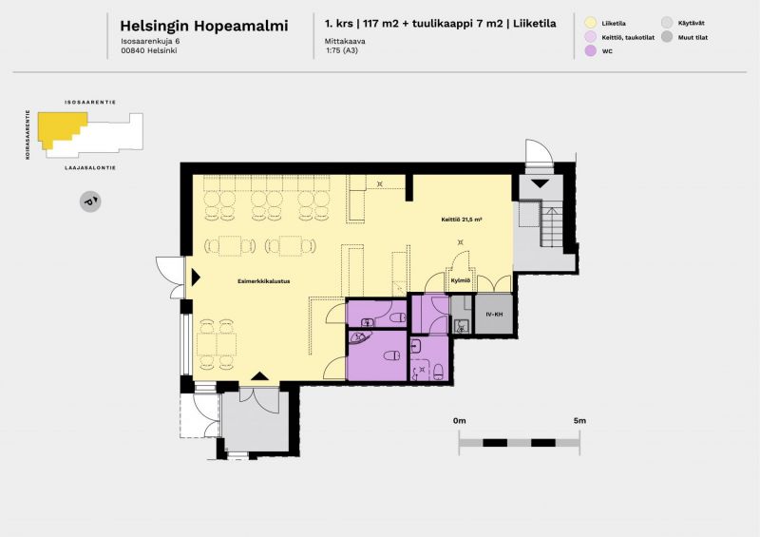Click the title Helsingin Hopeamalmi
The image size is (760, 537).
pyautogui.click(x=204, y=26)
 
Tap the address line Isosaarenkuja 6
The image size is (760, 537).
pyautogui.click(x=150, y=41)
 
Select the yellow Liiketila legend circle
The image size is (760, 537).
pyautogui.click(x=590, y=23)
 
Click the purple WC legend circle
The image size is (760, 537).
pyautogui.click(x=590, y=50)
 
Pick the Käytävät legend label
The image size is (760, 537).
pyautogui.click(x=692, y=23)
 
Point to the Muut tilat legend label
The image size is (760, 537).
pyautogui.click(x=693, y=37)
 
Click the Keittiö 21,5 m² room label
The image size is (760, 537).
pyautogui.click(x=462, y=220)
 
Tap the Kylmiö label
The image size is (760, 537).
pyautogui.click(x=461, y=280)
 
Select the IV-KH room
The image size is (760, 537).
pyautogui.click(x=494, y=315)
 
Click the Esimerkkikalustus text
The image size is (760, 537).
pyautogui.click(x=264, y=281)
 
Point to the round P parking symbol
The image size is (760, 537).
pyautogui.click(x=90, y=201)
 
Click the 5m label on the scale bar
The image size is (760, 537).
pyautogui.click(x=579, y=421)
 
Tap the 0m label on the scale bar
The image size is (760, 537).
pyautogui.click(x=460, y=421)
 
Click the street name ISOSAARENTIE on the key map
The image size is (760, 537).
pyautogui.click(x=90, y=103)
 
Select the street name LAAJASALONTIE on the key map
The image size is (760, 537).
pyautogui.click(x=90, y=168)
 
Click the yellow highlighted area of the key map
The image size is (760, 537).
pyautogui.click(x=61, y=125)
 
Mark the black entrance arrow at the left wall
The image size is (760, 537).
pyautogui.click(x=196, y=278)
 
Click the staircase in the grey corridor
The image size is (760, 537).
pyautogui.click(x=552, y=225)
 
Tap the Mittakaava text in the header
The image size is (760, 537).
pyautogui.click(x=345, y=41)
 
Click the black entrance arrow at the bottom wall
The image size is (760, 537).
pyautogui.click(x=259, y=376)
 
